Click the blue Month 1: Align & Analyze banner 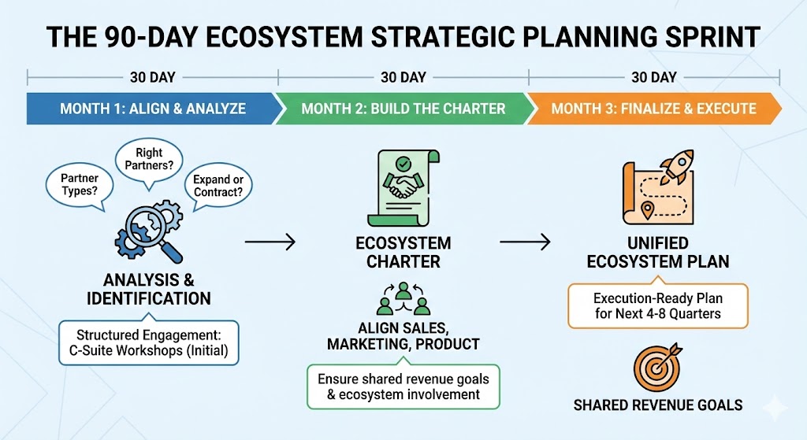pos(153,109)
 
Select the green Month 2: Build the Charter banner pos(403,109)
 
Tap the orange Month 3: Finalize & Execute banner pos(654,109)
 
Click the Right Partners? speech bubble pos(149,161)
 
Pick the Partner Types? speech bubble pos(80,185)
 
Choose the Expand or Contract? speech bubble pos(218,186)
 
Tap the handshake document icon pos(403,187)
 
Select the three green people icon pos(403,298)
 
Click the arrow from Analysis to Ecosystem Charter pos(270,241)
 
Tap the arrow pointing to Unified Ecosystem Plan pos(525,241)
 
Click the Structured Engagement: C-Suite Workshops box pos(149,343)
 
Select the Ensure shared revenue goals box pos(403,386)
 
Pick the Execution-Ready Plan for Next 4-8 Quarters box pos(658,306)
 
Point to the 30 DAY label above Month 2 pos(403,77)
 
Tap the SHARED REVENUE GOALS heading pos(658,405)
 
